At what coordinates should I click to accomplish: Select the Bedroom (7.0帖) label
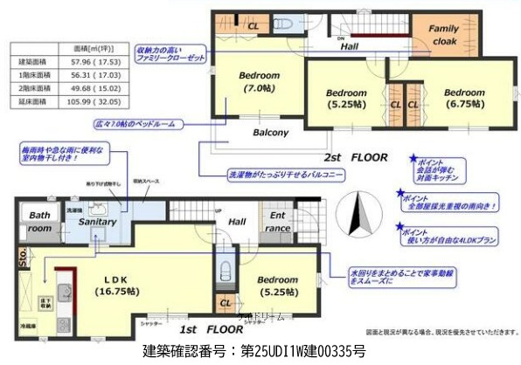[x=260, y=81]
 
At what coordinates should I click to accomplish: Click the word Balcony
[x=271, y=133]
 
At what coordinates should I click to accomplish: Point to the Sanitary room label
[x=100, y=224]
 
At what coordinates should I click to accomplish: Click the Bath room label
[x=38, y=221]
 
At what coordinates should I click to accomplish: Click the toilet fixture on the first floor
[x=226, y=269]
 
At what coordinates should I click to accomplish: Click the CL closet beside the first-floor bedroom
[x=226, y=303]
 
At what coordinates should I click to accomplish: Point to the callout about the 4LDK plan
[x=450, y=238]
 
